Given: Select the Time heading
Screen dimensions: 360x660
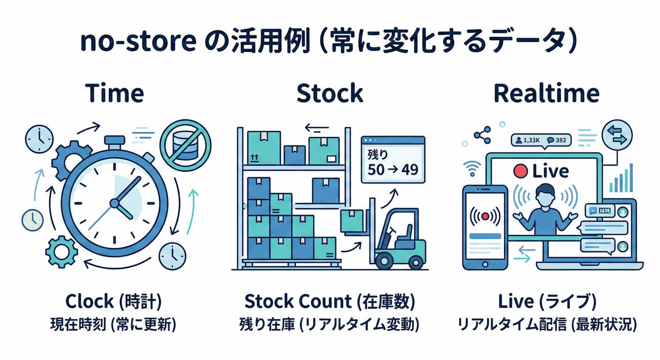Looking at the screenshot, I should coord(115,93).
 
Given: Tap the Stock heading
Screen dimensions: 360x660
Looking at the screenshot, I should coord(330,93).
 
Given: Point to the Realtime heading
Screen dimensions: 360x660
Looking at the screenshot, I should coord(547,93).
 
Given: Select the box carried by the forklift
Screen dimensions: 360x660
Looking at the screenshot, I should coord(352,220).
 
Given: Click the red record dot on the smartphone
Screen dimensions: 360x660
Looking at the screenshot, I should coord(485,217).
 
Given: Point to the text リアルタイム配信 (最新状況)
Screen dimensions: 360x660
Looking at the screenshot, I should coord(547,324).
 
